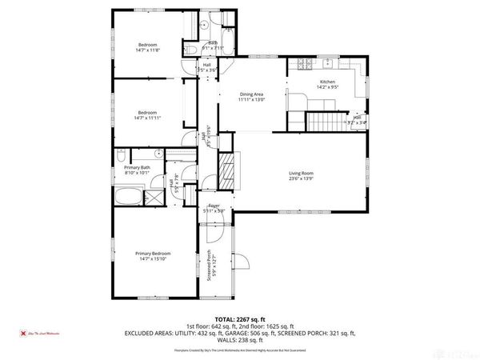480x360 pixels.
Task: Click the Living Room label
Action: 301,173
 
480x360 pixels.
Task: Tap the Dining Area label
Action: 251,94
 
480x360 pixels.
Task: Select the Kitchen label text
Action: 327,82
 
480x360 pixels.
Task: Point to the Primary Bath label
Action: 138,166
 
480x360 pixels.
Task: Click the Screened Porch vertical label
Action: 210,266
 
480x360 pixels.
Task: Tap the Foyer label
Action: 214,206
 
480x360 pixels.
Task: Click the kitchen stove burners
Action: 304,63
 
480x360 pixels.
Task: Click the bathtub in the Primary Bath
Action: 126,196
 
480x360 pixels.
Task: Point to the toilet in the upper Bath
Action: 194,50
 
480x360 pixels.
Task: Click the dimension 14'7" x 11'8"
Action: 148,50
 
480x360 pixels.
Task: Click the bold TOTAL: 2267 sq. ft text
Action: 240,318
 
